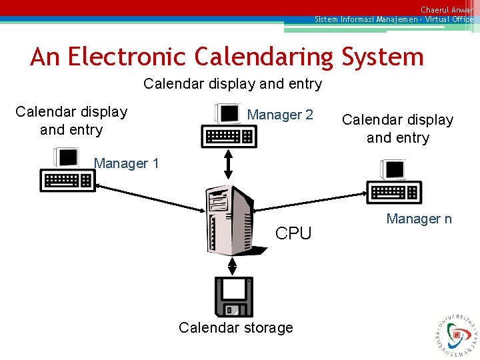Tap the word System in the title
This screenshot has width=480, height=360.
coord(383,57)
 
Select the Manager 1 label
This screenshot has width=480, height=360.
coord(127,163)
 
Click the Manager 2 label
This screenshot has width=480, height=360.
coord(280,115)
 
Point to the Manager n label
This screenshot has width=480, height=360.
coord(419,219)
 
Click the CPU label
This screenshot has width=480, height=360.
coord(293,233)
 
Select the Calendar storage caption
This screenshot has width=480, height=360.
coord(236,328)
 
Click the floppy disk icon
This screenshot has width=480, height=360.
coord(234,297)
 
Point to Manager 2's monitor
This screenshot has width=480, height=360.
coord(229,113)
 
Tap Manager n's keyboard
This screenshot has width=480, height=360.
coord(395,192)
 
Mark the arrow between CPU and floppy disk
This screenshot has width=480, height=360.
coord(232,265)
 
